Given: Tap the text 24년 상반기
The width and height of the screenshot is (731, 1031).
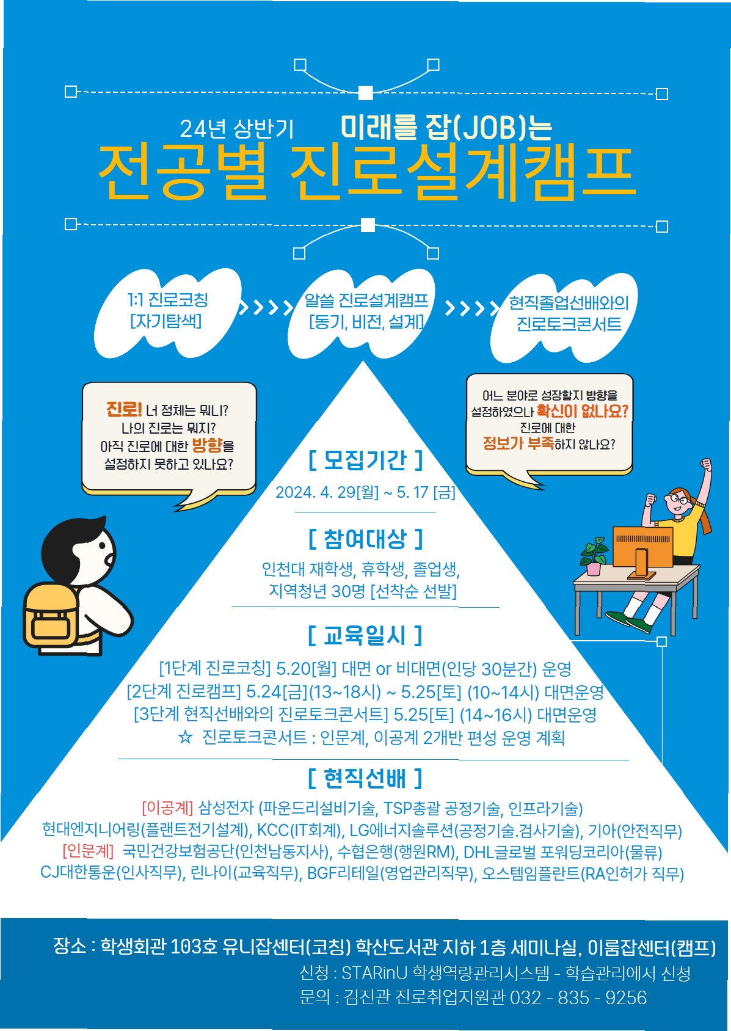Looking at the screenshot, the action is (x=236, y=129).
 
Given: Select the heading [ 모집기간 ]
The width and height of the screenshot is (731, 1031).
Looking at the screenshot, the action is (x=365, y=460).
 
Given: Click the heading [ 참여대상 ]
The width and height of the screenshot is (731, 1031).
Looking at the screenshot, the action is (x=365, y=539).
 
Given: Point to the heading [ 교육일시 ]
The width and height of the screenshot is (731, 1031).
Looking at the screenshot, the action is (x=365, y=636).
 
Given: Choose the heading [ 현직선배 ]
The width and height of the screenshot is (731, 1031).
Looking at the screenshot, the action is (x=365, y=778).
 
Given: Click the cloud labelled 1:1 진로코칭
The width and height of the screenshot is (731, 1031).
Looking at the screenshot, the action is (x=167, y=311).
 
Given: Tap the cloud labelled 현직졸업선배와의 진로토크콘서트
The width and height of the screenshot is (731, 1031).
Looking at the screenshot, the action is (x=568, y=315).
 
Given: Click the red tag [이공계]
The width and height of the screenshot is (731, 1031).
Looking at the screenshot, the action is (x=167, y=808).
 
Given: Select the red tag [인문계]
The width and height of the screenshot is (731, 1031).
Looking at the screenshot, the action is (x=88, y=851).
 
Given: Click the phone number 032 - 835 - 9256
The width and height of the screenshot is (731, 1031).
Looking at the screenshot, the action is (x=578, y=997).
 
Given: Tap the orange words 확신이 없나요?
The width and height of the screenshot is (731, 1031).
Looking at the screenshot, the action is (x=582, y=411).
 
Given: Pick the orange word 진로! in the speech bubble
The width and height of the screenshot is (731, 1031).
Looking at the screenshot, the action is (x=124, y=409).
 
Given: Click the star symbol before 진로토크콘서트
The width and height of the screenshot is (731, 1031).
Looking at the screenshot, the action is (x=184, y=737).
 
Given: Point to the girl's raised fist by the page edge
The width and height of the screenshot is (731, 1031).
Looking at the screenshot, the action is (x=706, y=465).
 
